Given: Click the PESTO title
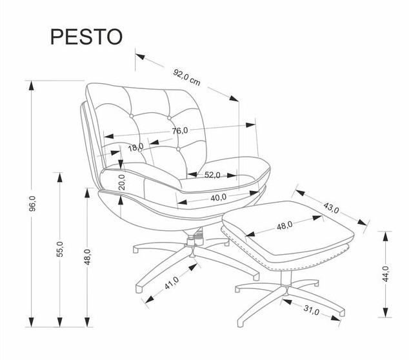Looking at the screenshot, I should point(85,36).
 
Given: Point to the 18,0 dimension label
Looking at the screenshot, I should point(135,148).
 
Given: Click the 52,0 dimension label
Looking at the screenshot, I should point(213,174).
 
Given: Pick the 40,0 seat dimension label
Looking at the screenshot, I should point(219,197).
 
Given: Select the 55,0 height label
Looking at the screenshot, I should point(59,249).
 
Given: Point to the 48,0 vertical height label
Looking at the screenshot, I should point(87,258).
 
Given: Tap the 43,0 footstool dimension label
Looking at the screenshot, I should point(331,208).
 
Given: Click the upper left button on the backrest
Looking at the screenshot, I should point(132,117).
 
